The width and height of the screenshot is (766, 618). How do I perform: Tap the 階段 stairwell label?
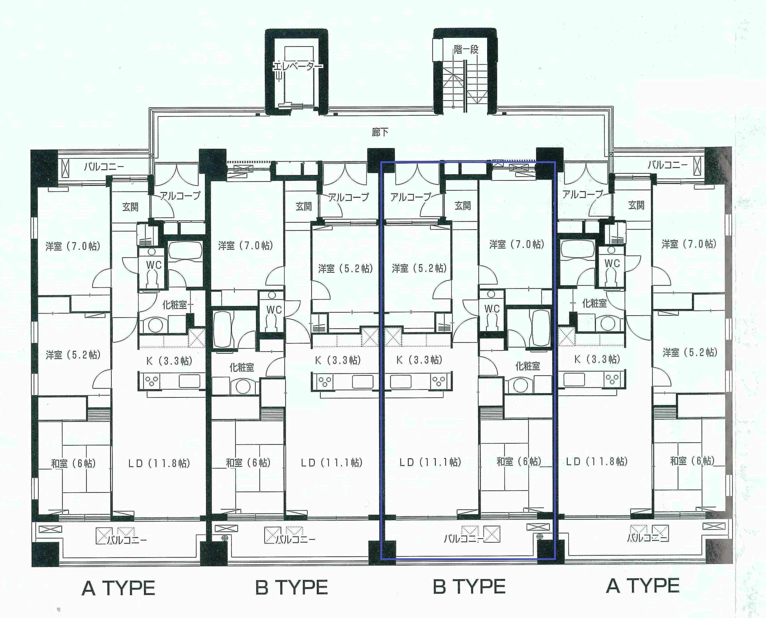(466, 49)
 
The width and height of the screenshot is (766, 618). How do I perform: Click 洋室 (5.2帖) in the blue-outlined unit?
(419, 268)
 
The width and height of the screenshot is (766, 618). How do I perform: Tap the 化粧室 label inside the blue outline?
(527, 366)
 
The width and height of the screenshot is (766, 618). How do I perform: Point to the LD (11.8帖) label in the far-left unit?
(159, 463)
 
